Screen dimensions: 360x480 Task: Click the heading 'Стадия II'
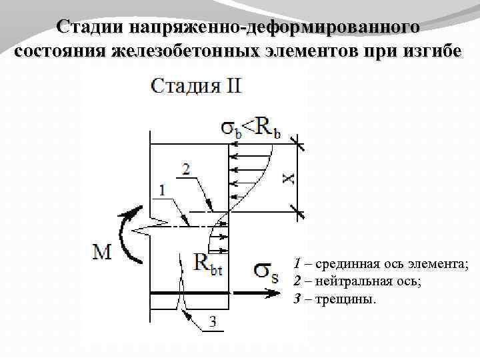[196, 87]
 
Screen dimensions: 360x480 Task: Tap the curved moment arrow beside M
[127, 233]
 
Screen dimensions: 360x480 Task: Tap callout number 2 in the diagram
[185, 169]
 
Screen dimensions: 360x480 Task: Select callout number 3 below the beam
[212, 323]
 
